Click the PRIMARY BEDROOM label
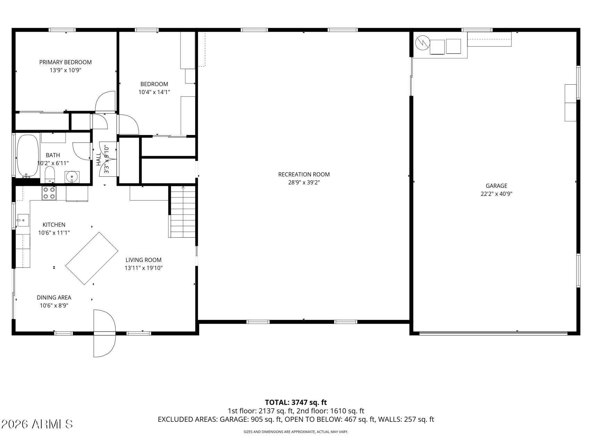[x=66, y=62]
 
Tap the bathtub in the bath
[x=28, y=156]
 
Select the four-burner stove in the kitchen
[x=49, y=193]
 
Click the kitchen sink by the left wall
[x=23, y=220]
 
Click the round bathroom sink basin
[x=72, y=177]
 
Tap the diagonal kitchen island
[x=92, y=258]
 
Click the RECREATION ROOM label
[x=304, y=174]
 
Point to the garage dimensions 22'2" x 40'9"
[x=496, y=194]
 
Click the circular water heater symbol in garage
[x=422, y=42]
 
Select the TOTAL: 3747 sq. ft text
[x=296, y=402]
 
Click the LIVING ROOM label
[x=144, y=260]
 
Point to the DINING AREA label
[x=54, y=297]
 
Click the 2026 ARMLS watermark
[x=37, y=424]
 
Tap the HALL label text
[x=98, y=159]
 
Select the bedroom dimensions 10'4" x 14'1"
[x=154, y=92]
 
